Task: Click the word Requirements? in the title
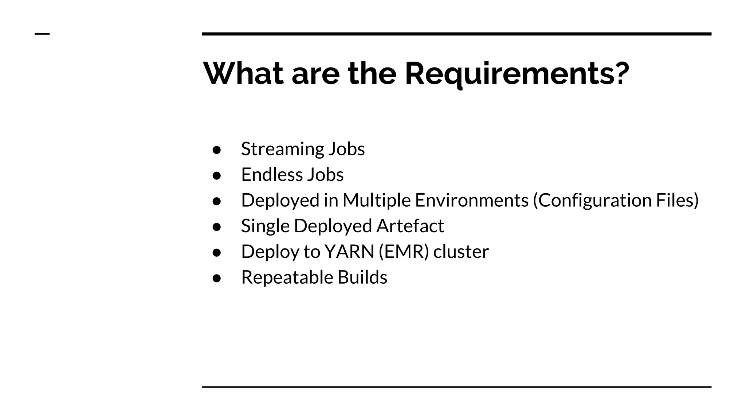tap(517, 74)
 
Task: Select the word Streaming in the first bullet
tap(282, 149)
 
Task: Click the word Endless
tap(272, 175)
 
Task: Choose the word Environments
tap(471, 200)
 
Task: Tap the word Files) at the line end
tap(677, 200)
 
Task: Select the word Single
tap(265, 226)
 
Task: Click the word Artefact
tap(410, 226)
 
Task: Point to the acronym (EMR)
tap(404, 252)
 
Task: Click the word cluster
tap(461, 252)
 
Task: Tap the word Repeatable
tap(287, 277)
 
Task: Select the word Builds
tap(362, 277)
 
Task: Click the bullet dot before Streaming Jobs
tap(217, 150)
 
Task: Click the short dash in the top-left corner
tap(42, 34)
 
